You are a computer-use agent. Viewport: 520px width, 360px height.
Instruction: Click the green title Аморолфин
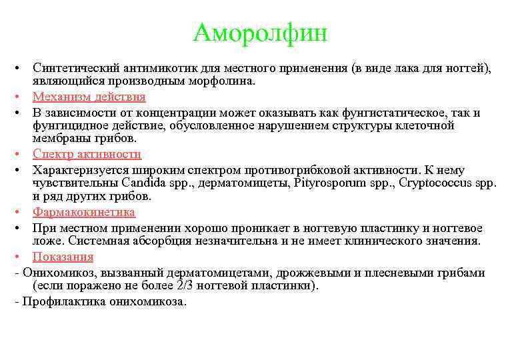tap(260, 32)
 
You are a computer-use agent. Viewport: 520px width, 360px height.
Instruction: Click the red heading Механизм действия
tap(89, 97)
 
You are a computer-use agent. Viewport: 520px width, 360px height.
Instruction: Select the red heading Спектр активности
tap(87, 154)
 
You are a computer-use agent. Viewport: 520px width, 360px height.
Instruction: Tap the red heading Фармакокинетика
tap(84, 212)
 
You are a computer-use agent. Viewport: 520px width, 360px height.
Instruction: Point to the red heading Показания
tap(63, 257)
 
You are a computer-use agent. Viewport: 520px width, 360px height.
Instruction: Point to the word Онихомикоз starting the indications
tap(55, 273)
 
